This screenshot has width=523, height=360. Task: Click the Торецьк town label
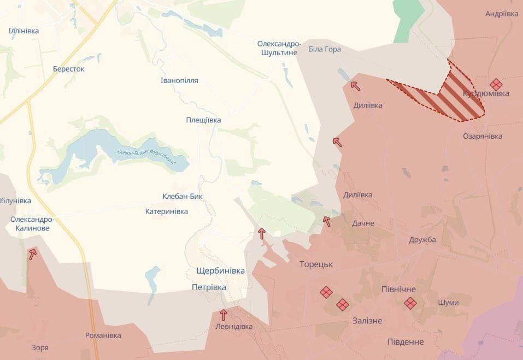(316, 264)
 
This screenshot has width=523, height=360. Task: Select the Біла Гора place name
(325, 49)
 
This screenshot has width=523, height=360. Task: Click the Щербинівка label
(221, 270)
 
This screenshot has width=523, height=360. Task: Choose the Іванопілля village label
(179, 80)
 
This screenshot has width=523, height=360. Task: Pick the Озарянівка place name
(482, 136)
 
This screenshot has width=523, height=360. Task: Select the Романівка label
(103, 335)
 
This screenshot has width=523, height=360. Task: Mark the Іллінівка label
(23, 31)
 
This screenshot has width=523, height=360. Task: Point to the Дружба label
(422, 240)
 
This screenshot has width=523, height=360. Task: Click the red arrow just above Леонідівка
(223, 315)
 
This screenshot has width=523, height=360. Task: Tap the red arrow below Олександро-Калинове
(33, 253)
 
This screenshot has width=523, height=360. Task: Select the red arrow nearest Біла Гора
(355, 85)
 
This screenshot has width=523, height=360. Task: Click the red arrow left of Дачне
(327, 221)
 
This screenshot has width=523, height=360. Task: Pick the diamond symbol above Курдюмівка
(496, 84)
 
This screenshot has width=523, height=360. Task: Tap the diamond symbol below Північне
(410, 302)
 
